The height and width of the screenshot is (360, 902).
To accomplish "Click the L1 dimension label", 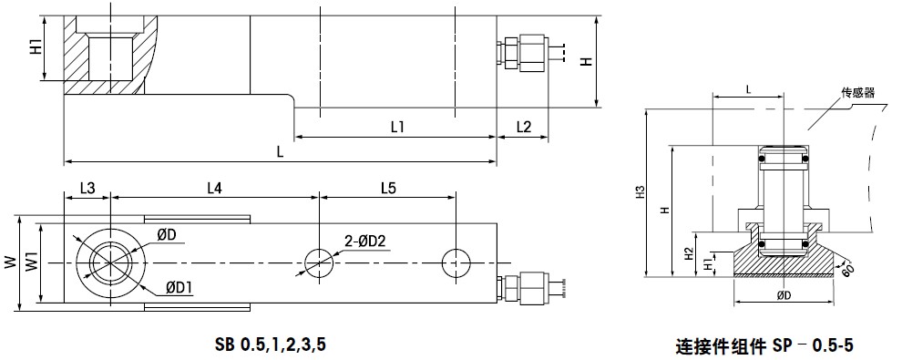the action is (397, 127).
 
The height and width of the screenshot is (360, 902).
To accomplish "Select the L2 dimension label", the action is (524, 127).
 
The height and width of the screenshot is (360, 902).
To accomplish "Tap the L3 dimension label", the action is (87, 188).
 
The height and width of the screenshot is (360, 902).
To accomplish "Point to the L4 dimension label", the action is (214, 188).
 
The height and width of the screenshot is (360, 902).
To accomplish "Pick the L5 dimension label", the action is (388, 188).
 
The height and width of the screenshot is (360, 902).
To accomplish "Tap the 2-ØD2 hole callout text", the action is (366, 242).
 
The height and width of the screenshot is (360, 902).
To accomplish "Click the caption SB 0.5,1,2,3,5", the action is (271, 345).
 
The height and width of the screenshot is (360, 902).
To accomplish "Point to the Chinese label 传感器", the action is (857, 93).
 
